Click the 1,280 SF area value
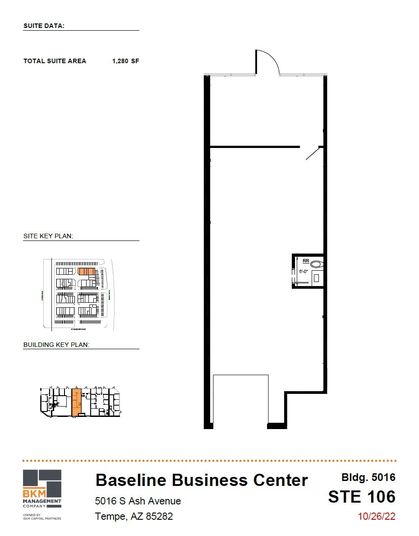point(125,61)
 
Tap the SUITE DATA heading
point(44,26)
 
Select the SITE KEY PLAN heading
point(48,236)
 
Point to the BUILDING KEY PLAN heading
point(56,345)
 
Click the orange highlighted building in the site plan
point(86,271)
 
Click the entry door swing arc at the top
point(267,61)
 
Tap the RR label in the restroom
point(306,260)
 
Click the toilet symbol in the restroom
point(318,264)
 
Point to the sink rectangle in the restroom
point(316,278)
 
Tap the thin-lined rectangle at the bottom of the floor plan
point(241,399)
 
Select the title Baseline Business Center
point(202,480)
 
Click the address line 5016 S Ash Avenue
point(138,501)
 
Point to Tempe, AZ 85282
point(134,516)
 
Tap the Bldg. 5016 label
point(368,477)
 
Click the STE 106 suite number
point(362,497)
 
